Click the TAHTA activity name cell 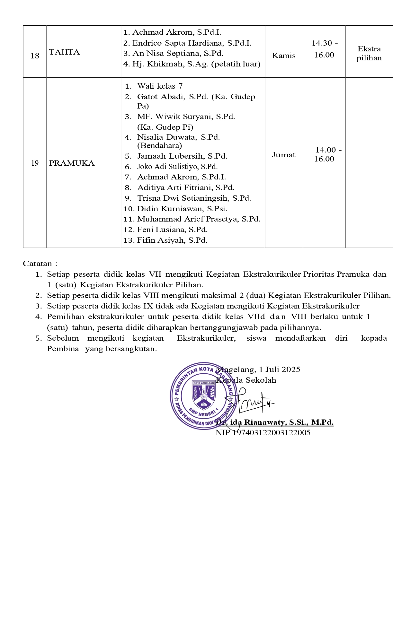coord(64,52)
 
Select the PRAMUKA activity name coord(72,163)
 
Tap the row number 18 coord(35,56)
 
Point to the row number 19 coord(35,163)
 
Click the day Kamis coord(284,56)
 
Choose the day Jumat coord(284,155)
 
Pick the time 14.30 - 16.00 coord(324,49)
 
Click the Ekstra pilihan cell coord(369,53)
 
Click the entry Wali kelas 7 coord(160,86)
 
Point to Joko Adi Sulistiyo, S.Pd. coord(177,167)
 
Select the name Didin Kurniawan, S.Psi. coord(182,209)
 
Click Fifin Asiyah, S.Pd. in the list coord(172,240)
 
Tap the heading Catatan coord(38,264)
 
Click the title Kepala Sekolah coord(246,380)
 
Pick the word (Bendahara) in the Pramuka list coord(159,146)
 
